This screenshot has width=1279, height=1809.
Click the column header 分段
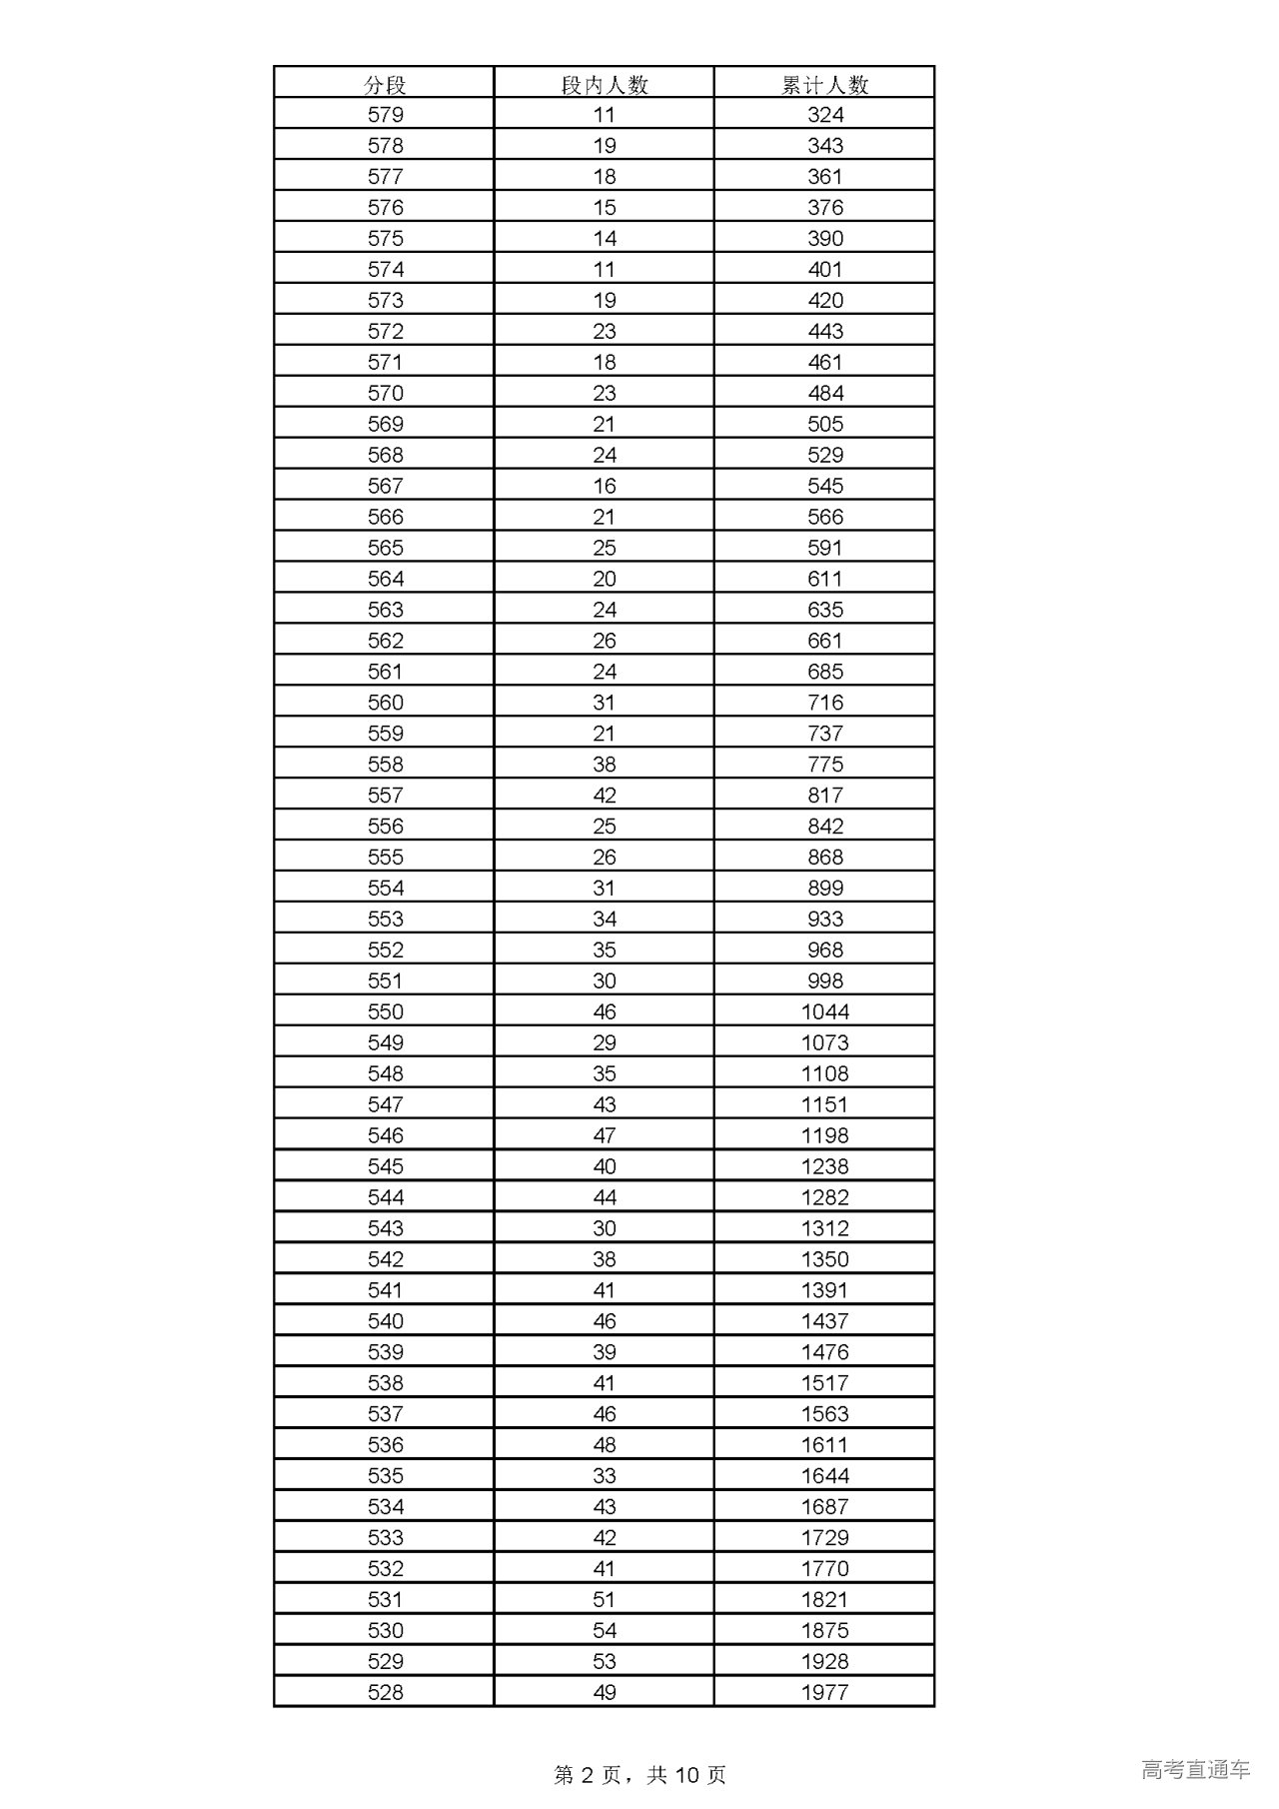pos(385,85)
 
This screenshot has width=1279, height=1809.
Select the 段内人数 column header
pos(605,85)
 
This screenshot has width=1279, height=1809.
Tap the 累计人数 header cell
pos(824,85)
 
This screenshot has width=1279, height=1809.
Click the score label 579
pos(385,115)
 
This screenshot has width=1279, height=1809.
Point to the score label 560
pos(385,703)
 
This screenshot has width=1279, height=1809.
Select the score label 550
pos(385,1011)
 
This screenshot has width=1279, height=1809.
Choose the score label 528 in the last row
pos(385,1692)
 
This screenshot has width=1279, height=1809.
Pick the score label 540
pos(385,1321)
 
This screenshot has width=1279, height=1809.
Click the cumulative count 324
pos(825,115)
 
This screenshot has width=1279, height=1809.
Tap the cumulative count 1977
pos(824,1692)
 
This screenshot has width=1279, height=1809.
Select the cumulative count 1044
pos(824,1011)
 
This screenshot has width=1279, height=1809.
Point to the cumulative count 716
pos(825,703)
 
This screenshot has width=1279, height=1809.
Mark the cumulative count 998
pos(825,980)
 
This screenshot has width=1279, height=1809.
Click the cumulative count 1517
pos(824,1383)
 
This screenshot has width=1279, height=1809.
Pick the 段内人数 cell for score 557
pos(605,796)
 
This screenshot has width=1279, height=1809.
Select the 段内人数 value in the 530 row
pos(605,1630)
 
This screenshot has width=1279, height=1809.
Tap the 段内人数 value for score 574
pos(605,270)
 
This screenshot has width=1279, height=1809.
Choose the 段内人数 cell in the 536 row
pos(605,1445)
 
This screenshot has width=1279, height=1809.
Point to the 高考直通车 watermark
pos(1195,1769)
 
